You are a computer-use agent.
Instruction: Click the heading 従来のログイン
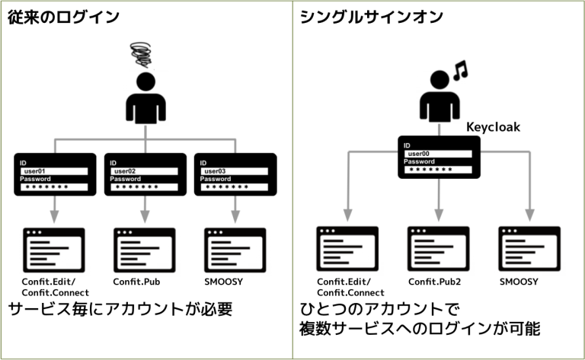[x=65, y=17]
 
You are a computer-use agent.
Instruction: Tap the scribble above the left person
[x=143, y=55]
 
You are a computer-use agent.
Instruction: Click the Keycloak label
[x=493, y=127]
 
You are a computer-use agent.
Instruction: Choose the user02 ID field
[x=145, y=171]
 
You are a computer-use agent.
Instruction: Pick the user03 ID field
[x=235, y=171]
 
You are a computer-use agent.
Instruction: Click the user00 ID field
[x=437, y=154]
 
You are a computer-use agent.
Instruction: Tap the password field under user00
[x=437, y=170]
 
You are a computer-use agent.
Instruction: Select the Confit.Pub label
[x=136, y=282]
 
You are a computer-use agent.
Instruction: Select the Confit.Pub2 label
[x=435, y=282]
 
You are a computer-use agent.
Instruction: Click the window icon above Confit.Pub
[x=144, y=250]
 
